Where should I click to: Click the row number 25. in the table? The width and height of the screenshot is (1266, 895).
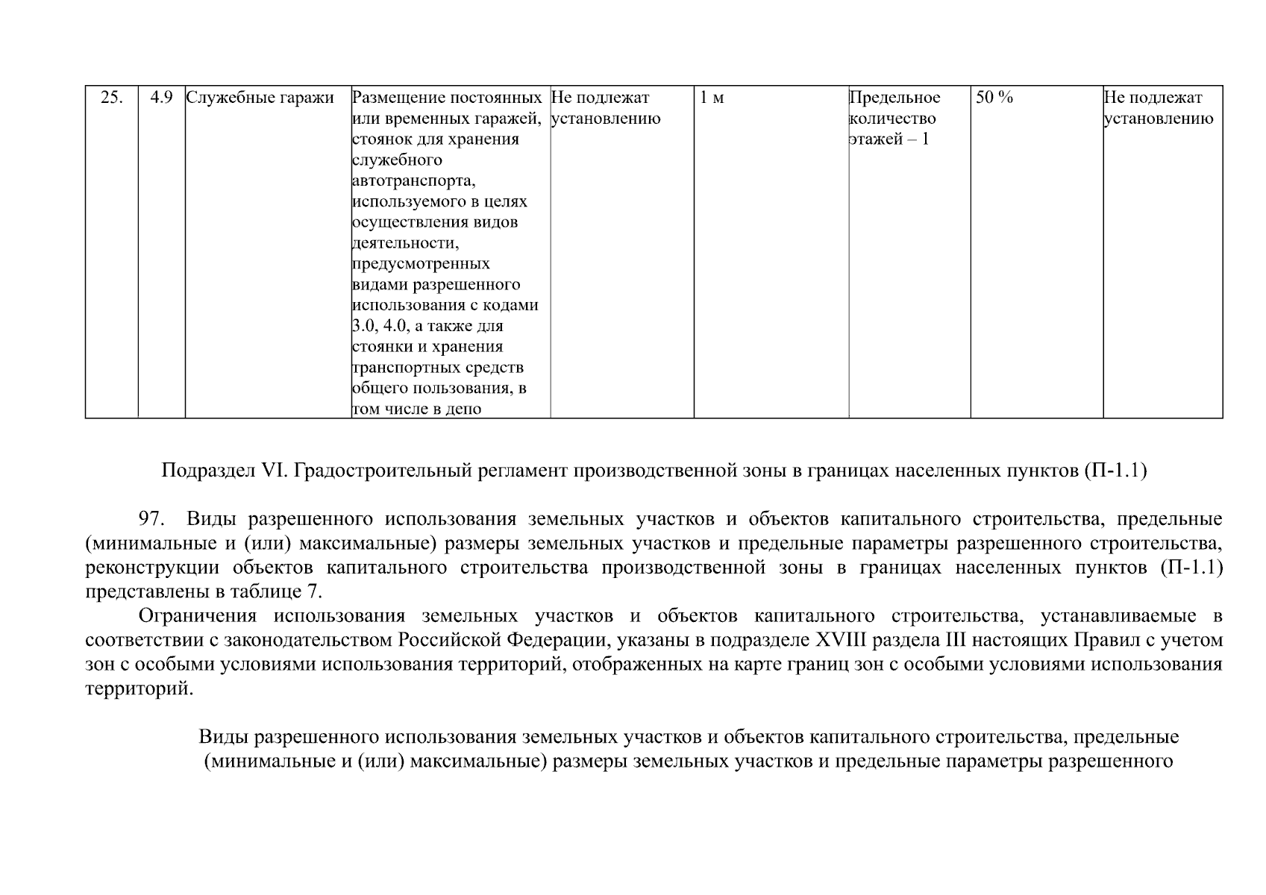(111, 98)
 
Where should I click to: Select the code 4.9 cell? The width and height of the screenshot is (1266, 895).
(161, 98)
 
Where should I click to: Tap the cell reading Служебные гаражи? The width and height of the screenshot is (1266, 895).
(259, 98)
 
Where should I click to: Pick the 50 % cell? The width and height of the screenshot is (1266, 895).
(994, 98)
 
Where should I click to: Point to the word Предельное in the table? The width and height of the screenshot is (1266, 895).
(894, 98)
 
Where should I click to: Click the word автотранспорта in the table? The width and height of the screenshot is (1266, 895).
(413, 180)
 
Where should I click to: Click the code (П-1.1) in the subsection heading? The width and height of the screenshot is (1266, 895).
(1115, 471)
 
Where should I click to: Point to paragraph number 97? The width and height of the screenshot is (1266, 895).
(151, 519)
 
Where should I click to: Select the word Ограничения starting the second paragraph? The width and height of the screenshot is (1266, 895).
(198, 616)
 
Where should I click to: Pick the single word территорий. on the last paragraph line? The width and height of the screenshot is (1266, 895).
(139, 688)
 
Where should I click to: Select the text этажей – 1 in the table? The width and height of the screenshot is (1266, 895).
(889, 139)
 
